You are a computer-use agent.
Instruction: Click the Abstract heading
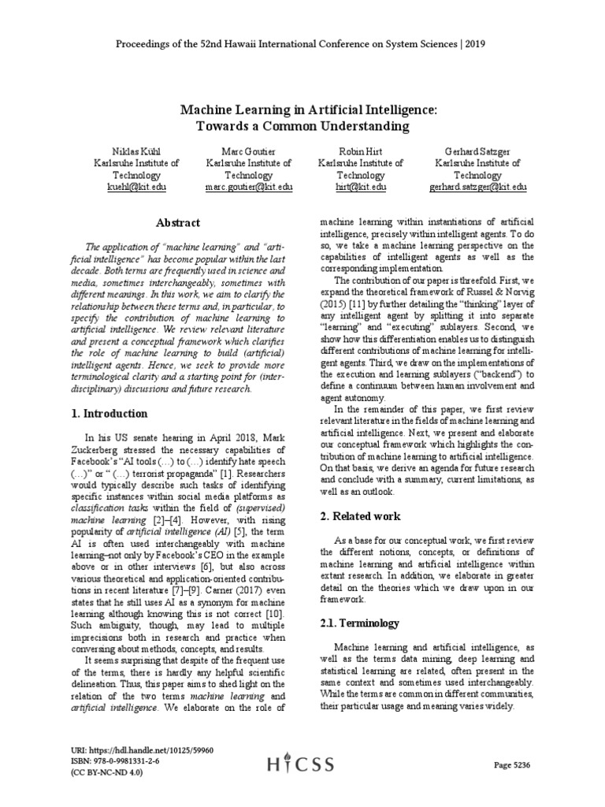coord(178,223)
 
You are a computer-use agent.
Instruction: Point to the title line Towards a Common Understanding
coord(303,125)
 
